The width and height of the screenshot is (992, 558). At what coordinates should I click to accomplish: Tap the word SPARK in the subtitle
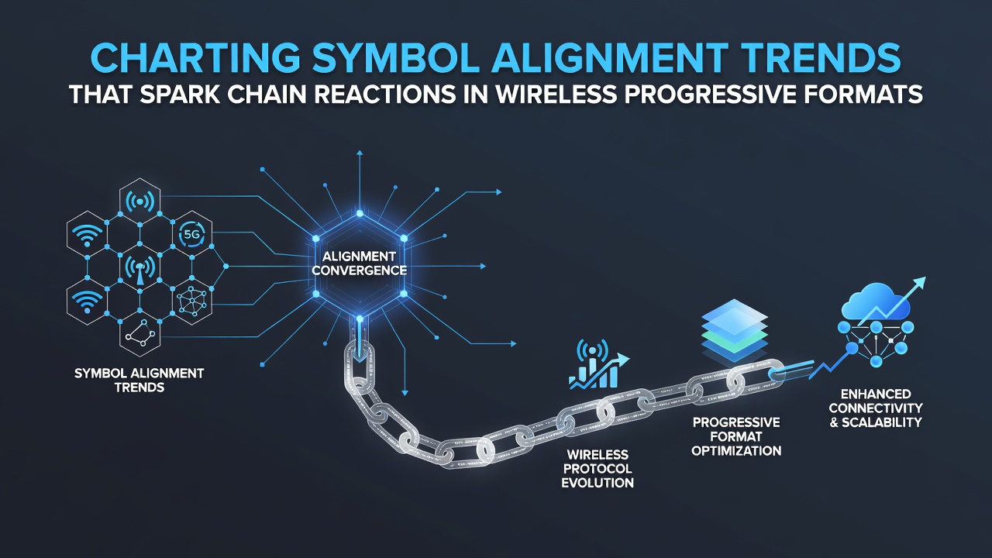[179, 95]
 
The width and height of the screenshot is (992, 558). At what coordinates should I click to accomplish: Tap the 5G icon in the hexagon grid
[191, 234]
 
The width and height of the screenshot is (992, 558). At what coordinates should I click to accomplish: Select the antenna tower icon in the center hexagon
[140, 269]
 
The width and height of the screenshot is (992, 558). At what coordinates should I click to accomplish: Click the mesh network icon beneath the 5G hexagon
[191, 301]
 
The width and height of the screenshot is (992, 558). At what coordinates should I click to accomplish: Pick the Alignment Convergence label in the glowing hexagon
[359, 263]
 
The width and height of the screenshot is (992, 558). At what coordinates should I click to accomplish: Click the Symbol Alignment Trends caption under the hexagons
[139, 380]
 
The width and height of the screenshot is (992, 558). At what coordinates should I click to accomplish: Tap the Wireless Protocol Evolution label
[598, 469]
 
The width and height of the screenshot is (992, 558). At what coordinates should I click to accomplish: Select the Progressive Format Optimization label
[736, 436]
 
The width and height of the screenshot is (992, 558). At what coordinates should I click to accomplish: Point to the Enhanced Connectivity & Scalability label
[876, 408]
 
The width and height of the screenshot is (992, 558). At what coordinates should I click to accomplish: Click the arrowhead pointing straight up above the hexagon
[360, 153]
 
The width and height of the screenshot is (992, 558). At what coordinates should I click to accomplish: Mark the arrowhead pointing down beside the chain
[404, 392]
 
